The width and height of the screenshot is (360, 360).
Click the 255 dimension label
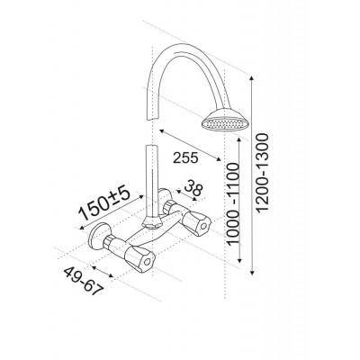point(185,157)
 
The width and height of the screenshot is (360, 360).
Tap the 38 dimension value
point(193,187)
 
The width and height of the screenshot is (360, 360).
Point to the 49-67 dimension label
point(84,281)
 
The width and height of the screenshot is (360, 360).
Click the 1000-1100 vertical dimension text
point(233,204)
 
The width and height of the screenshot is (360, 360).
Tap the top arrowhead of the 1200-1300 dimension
point(252,78)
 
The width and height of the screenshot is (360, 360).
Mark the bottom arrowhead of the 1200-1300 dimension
point(252,272)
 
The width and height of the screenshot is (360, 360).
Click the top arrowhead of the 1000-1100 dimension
point(239,141)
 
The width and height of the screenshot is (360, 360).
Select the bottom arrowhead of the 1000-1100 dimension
point(239,260)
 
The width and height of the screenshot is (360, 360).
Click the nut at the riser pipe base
point(152,222)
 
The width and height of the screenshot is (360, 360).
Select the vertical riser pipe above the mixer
point(151,181)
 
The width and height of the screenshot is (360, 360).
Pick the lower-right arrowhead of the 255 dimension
point(219,158)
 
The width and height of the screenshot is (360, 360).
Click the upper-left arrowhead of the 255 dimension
point(162,131)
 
